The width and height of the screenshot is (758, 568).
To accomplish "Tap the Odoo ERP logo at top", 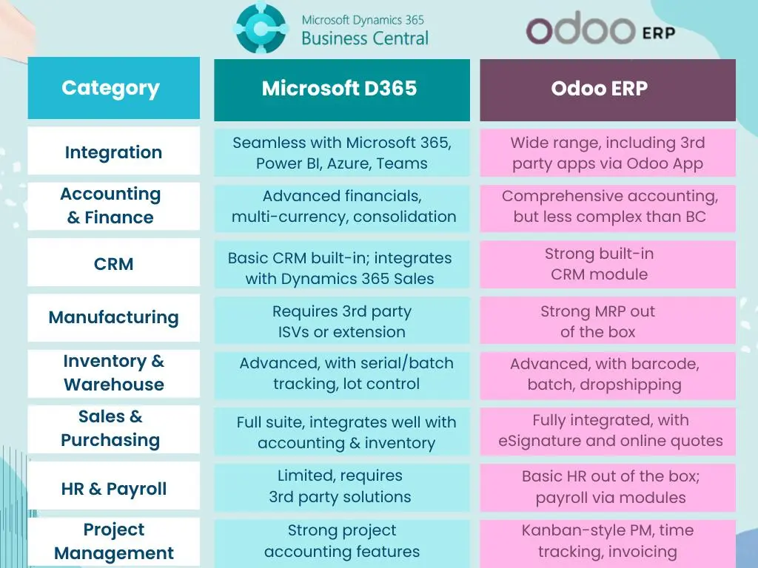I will click(x=600, y=30).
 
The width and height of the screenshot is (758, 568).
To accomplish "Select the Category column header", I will click(x=113, y=88).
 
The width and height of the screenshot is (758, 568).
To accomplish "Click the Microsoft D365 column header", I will click(x=341, y=89).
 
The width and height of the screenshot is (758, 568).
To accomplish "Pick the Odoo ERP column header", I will click(x=607, y=89).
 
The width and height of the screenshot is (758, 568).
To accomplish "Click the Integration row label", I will click(x=113, y=152).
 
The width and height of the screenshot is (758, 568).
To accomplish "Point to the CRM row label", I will click(x=113, y=263).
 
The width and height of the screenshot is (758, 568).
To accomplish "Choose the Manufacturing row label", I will click(x=113, y=317).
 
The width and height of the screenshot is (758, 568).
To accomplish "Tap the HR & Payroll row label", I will click(x=113, y=488).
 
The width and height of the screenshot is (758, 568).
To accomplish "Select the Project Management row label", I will click(x=113, y=541).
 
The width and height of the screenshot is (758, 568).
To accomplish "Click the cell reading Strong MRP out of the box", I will click(x=607, y=322).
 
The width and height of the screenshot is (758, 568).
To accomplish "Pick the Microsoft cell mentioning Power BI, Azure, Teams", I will click(x=341, y=153).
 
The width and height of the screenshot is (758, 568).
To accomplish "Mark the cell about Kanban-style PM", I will click(x=607, y=541).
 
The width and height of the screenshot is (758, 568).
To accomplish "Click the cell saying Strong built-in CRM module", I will click(x=607, y=264).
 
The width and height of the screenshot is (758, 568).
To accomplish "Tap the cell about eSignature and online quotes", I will click(x=607, y=431).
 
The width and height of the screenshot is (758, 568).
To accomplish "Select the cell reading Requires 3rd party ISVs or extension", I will click(x=341, y=322).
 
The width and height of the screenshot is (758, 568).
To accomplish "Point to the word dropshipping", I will click(x=634, y=385).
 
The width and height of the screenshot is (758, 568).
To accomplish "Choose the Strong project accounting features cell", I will click(x=341, y=541).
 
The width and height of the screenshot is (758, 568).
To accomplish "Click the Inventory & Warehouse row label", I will click(x=113, y=373).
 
